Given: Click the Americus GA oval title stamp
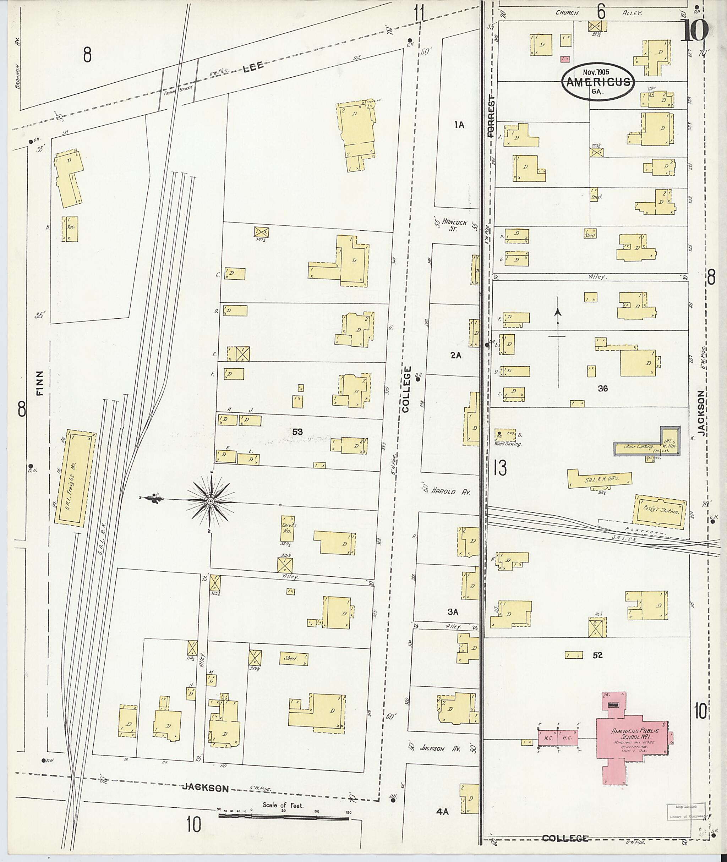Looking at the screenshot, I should pos(598,81).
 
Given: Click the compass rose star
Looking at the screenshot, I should pos(210,501).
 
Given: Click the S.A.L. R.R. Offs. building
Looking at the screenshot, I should pos(600,479).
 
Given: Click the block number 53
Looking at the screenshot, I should pos(297,432).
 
